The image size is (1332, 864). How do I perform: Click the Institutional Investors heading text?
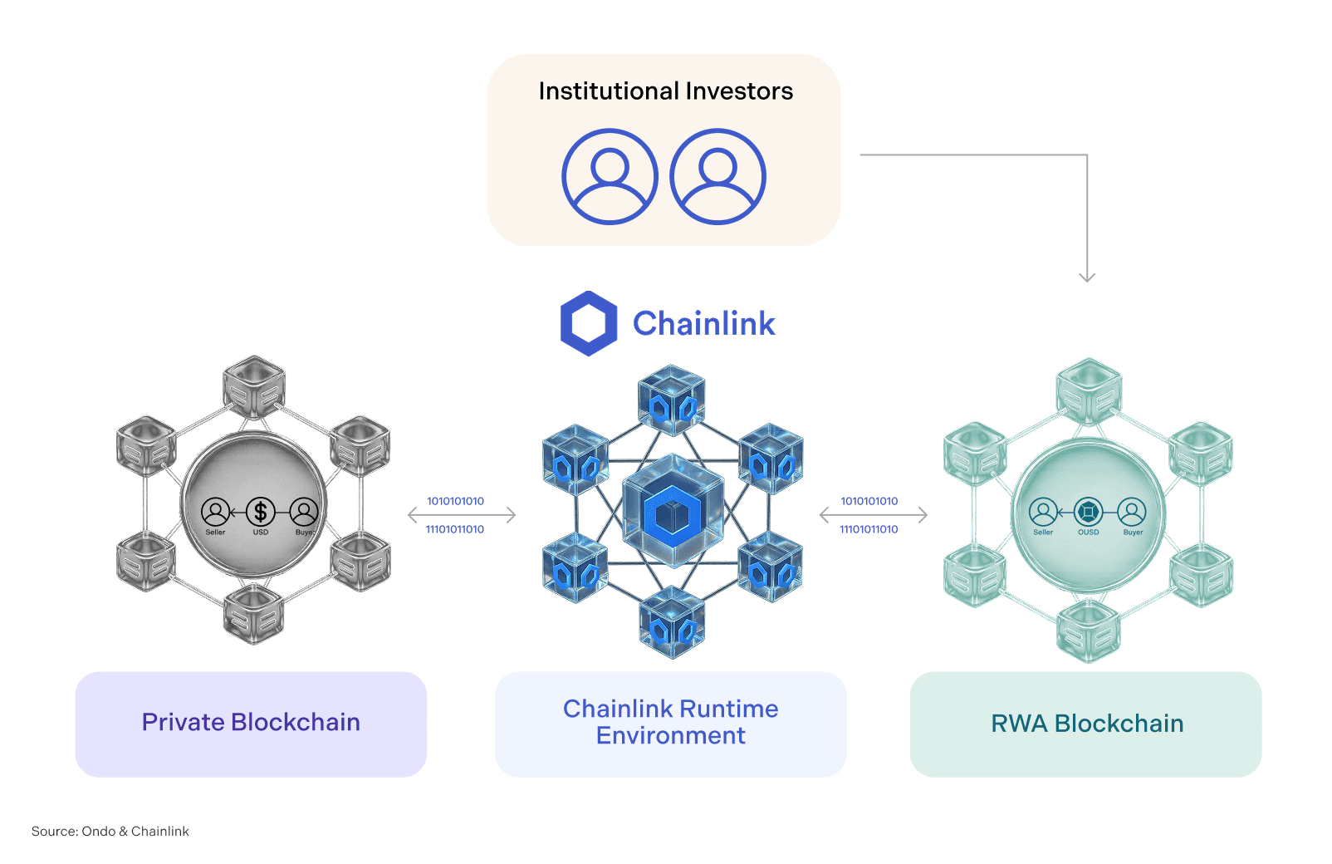pyautogui.click(x=665, y=91)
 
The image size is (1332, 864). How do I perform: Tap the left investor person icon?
pyautogui.click(x=610, y=176)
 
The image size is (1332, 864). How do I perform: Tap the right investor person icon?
pyautogui.click(x=717, y=176)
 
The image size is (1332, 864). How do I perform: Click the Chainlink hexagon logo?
pyautogui.click(x=589, y=323)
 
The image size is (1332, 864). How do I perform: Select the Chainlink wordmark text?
pyautogui.click(x=703, y=324)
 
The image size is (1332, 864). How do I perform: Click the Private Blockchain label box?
pyautogui.click(x=251, y=724)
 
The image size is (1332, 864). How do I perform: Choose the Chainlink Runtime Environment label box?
pyautogui.click(x=671, y=724)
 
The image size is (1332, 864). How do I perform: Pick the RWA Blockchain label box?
pyautogui.click(x=1086, y=724)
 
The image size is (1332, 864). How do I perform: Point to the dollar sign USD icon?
pyautogui.click(x=260, y=512)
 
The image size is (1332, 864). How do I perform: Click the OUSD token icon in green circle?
pyautogui.click(x=1088, y=512)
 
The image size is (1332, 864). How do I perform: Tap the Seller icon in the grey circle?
pyautogui.click(x=215, y=512)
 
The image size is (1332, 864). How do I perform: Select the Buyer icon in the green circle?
pyautogui.click(x=1132, y=512)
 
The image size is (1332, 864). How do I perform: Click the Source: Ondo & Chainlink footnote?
pyautogui.click(x=110, y=832)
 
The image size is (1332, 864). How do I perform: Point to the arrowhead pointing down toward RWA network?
pyautogui.click(x=1087, y=276)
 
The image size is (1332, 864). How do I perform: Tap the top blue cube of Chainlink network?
pyautogui.click(x=672, y=400)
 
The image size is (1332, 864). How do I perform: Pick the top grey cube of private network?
pyautogui.click(x=254, y=386)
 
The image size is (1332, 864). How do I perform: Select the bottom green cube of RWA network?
pyautogui.click(x=1089, y=631)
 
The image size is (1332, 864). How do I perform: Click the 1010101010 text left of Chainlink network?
pyautogui.click(x=455, y=501)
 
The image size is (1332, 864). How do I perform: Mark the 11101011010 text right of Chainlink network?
pyautogui.click(x=869, y=529)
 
